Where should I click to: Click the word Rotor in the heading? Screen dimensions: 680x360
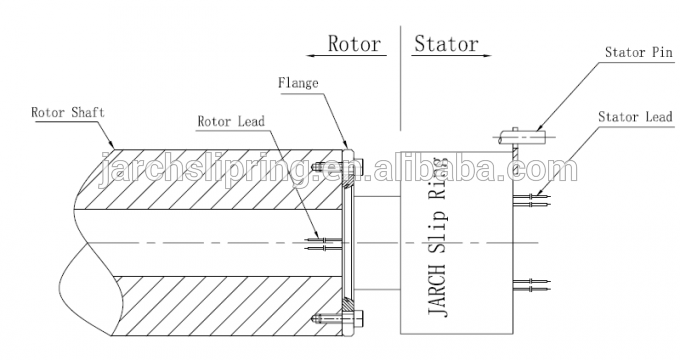coord(354,43)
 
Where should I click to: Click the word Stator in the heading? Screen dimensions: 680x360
coord(446,43)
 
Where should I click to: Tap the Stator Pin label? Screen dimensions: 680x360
coord(639,52)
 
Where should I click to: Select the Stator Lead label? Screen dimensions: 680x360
coord(635,116)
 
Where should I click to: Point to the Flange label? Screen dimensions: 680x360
coord(298,82)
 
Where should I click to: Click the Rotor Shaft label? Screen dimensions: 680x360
coord(68,112)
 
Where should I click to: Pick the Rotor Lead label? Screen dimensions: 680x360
coord(231,121)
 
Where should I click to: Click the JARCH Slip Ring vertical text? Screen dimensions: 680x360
coord(437,237)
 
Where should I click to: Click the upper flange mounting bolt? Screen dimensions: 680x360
coord(337,165)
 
